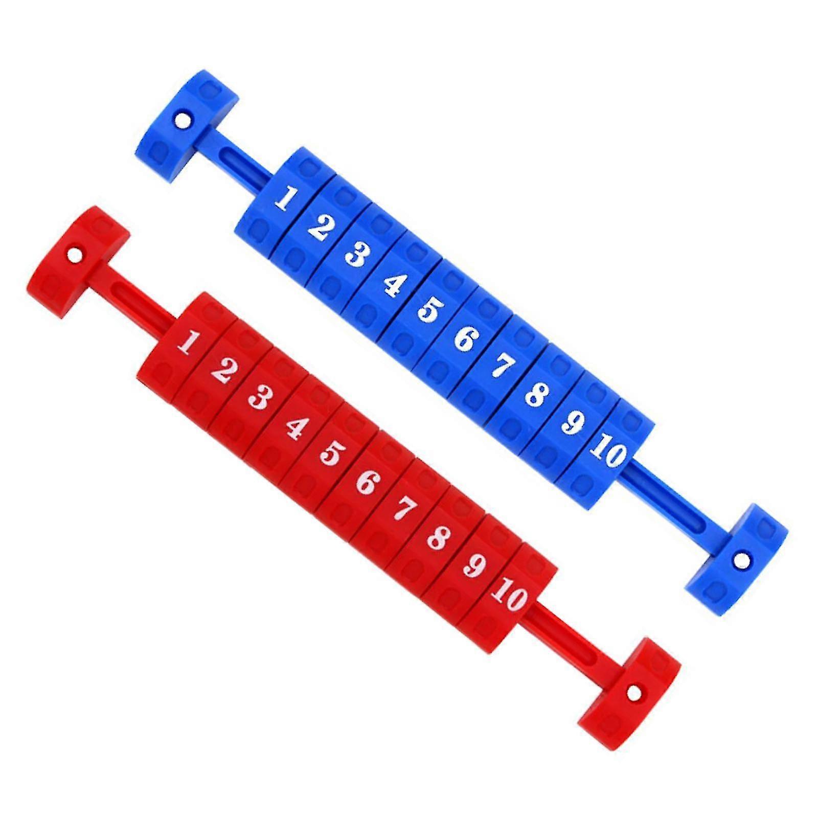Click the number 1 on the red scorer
(x=188, y=342)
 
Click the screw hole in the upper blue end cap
(x=181, y=121)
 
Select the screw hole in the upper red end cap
(x=76, y=254)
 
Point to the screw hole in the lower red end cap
(x=634, y=694)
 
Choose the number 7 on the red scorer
(x=404, y=509)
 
